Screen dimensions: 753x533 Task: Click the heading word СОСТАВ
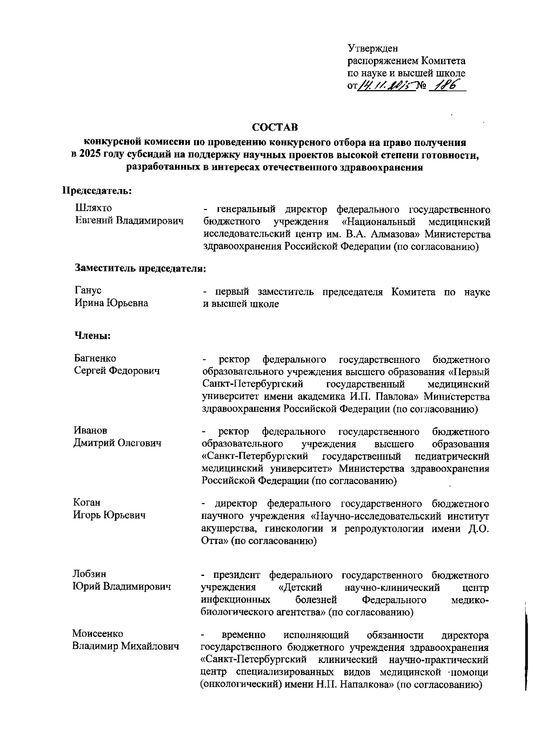click(275, 128)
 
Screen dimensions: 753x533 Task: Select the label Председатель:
click(96, 191)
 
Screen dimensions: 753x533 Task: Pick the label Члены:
click(92, 336)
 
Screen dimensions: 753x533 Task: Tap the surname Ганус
click(88, 291)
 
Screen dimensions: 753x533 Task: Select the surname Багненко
click(95, 358)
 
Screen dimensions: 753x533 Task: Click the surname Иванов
click(91, 430)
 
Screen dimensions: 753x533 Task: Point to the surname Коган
click(87, 503)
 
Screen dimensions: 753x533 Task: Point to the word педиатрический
click(452, 457)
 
